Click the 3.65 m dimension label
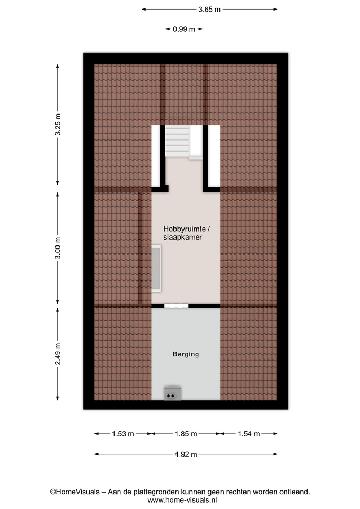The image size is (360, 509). click(209, 10)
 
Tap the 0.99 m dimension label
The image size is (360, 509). click(184, 29)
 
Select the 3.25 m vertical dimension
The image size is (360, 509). click(58, 125)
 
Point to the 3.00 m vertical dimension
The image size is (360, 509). click(58, 248)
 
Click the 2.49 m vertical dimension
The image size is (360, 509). click(58, 354)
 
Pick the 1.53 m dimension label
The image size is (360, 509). click(123, 434)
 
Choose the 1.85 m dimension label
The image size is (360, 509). click(186, 434)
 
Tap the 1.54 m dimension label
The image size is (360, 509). click(249, 434)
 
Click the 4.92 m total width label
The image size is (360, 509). click(186, 454)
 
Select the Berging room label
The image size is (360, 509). click(186, 354)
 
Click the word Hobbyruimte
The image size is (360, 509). click(185, 229)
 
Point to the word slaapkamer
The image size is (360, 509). click(183, 238)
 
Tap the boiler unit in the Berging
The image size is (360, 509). click(173, 393)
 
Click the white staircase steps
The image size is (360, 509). click(177, 142)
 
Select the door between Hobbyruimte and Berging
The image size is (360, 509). click(176, 306)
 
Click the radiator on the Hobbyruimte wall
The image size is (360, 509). click(156, 268)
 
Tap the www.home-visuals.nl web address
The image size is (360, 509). click(182, 500)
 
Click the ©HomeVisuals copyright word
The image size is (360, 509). click(75, 492)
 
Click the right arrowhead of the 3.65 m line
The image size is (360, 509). click(276, 10)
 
